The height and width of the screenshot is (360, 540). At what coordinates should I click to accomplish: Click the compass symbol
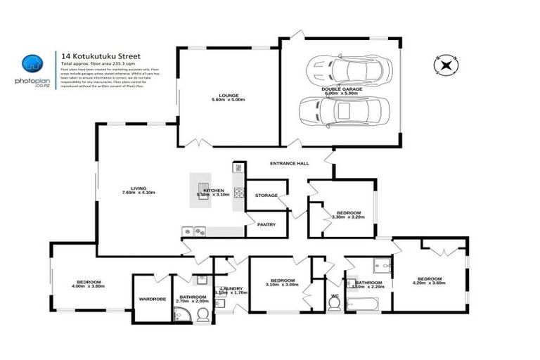coord(446,65)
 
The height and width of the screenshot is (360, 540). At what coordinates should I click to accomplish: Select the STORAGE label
coord(266,195)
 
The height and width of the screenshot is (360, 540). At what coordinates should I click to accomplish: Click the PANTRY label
coord(266,224)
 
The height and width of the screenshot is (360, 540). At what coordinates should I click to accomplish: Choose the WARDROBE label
coord(152,299)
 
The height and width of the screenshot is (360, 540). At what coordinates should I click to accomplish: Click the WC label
coord(335,296)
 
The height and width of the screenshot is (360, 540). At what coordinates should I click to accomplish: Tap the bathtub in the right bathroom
coord(362,304)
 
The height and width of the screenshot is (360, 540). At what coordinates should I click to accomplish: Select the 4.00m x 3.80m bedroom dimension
coord(88,286)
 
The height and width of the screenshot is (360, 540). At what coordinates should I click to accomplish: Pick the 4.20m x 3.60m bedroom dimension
coord(428,283)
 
